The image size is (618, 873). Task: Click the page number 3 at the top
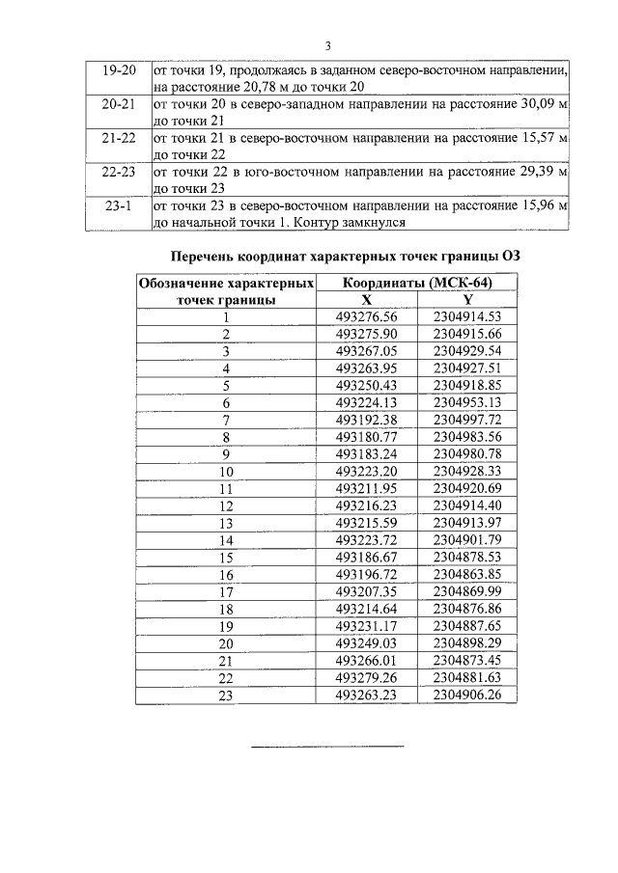328,45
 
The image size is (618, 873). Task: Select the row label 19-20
111,70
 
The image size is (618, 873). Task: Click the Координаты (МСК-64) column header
417,284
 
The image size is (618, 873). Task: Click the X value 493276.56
366,315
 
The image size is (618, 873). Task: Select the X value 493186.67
366,557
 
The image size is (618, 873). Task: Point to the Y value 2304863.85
468,574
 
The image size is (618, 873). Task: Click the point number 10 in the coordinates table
227,472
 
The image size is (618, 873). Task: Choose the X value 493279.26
366,678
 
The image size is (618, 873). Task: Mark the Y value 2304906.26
468,696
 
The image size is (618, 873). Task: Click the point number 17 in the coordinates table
227,590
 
